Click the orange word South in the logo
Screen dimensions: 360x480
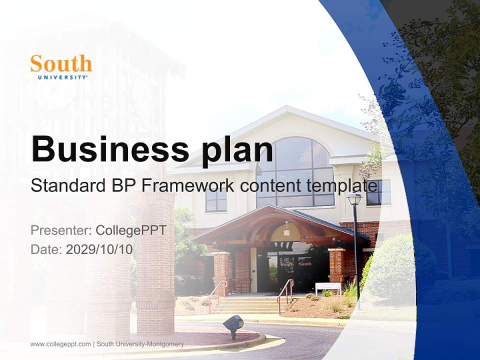tap(61, 64)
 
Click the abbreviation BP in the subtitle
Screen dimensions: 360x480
tap(122, 186)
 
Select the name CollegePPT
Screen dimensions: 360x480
tap(131, 230)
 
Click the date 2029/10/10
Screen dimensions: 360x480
tap(99, 249)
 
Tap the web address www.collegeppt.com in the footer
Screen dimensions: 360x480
tap(60, 344)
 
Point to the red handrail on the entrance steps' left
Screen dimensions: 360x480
tap(218, 290)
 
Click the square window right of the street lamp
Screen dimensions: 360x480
tap(378, 192)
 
